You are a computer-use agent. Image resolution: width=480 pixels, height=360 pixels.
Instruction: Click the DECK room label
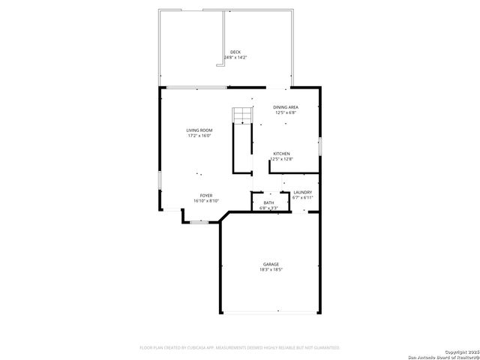point(235,52)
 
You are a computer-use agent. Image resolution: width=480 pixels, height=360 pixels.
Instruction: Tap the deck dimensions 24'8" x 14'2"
point(235,57)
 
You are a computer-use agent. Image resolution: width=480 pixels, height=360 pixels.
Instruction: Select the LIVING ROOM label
point(199,130)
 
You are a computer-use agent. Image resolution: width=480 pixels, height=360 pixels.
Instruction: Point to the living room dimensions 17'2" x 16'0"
point(199,136)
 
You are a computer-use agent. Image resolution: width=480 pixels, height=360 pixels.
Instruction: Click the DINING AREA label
point(285,107)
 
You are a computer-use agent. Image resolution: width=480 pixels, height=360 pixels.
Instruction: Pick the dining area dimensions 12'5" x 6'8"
point(285,112)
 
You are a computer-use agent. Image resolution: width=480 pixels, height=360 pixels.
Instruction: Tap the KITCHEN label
point(281,154)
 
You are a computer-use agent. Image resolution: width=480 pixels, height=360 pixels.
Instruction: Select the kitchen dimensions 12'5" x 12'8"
point(281,159)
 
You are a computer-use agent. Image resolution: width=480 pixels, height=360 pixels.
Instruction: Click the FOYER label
point(205,195)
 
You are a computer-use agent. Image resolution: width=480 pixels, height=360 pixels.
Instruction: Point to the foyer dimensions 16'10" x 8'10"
point(205,200)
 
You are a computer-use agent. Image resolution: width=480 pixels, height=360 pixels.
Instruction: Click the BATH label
point(268,202)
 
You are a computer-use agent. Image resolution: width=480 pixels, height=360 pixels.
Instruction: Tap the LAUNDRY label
point(302,193)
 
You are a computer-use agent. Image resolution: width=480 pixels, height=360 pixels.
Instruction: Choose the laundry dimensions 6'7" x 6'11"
point(302,198)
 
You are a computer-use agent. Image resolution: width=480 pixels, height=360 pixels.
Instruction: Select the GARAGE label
point(271,264)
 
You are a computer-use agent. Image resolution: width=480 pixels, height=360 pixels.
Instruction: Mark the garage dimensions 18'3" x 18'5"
point(271,269)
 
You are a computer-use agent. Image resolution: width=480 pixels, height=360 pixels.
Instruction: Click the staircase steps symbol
point(241,115)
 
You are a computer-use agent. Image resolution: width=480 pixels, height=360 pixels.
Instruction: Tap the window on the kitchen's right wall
point(320,145)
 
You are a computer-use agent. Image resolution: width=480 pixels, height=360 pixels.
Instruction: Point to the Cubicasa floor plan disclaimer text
point(240,347)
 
